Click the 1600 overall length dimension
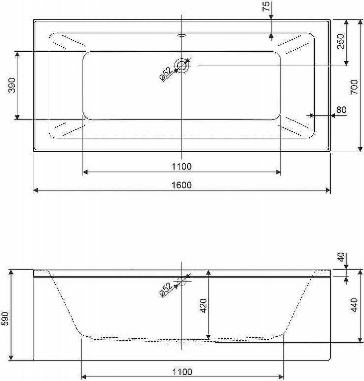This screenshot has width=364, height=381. (x=182, y=185)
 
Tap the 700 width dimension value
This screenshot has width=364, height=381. (x=355, y=87)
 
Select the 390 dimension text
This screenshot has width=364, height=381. (x=12, y=85)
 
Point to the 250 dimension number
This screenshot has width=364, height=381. (x=341, y=41)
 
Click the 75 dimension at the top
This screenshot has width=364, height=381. (x=267, y=6)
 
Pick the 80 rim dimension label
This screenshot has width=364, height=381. (x=341, y=110)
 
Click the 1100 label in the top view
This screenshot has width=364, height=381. (x=182, y=167)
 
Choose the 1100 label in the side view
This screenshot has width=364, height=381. (x=182, y=372)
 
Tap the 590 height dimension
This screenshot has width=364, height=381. (x=5, y=318)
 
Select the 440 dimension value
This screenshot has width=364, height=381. (x=355, y=305)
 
